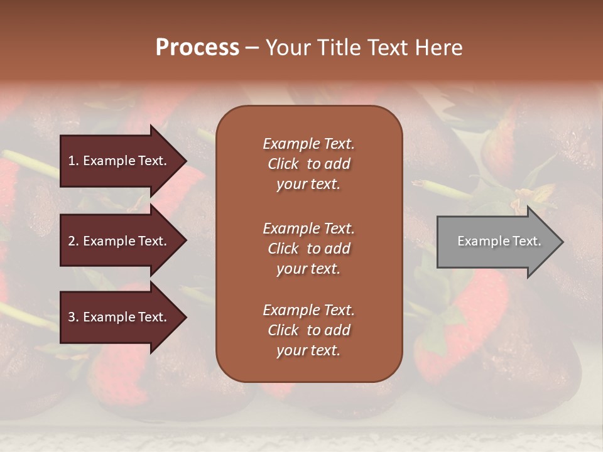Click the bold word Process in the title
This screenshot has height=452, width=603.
tap(197, 48)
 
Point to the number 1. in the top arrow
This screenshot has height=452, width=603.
tap(73, 161)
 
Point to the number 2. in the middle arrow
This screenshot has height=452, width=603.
tap(73, 241)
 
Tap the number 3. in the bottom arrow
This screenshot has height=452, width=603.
tap(73, 317)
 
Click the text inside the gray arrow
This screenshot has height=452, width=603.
tap(499, 241)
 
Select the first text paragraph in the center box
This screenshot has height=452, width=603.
tap(308, 164)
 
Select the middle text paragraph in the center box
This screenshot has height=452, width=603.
tap(308, 249)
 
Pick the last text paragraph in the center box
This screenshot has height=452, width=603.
tap(308, 330)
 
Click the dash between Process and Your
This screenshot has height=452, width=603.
tap(252, 48)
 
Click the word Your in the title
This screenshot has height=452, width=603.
tap(286, 48)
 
